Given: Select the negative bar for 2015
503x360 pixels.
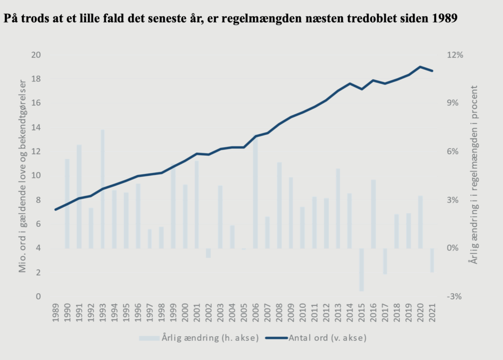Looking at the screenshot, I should [362, 270].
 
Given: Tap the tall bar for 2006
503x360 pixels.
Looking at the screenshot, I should [255, 192].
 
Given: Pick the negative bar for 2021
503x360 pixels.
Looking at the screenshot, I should [432, 260].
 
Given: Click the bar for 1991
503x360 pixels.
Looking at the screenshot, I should [79, 196].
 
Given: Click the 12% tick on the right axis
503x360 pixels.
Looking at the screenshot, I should [454, 55].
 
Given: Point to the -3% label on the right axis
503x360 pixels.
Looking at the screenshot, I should [454, 297].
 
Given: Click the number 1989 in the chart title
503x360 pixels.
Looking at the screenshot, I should [445, 20].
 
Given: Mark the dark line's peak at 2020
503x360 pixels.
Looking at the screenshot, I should [420, 67].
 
